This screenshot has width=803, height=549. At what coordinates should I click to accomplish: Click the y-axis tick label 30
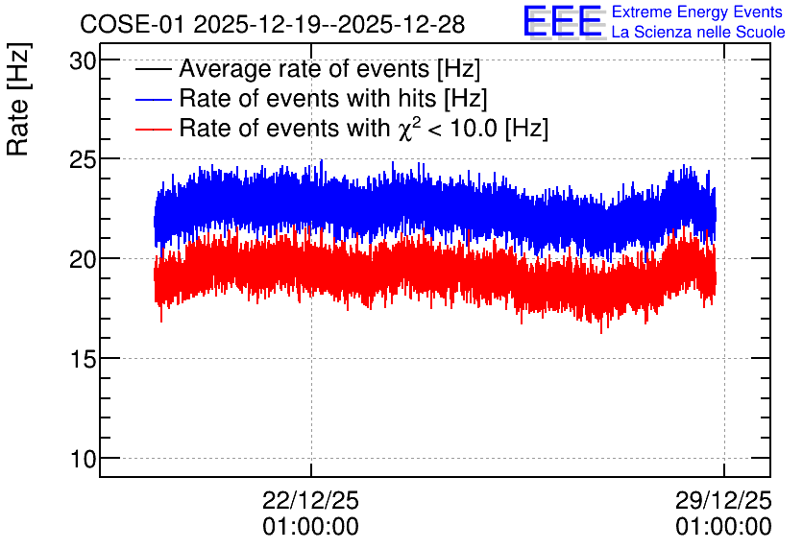click(x=83, y=61)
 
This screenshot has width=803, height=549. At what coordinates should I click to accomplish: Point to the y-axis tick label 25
click(x=83, y=161)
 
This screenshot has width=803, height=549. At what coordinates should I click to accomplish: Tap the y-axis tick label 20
click(x=83, y=260)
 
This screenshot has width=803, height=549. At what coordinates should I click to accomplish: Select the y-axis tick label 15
click(x=83, y=360)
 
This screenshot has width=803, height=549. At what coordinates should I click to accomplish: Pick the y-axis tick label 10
click(x=83, y=460)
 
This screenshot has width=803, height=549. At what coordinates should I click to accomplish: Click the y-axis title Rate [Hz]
click(x=18, y=99)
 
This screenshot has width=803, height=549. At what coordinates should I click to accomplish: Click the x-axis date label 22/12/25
click(x=311, y=501)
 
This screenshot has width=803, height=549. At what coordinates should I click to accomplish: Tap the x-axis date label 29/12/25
click(x=723, y=501)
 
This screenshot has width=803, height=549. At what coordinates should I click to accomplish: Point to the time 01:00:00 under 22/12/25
click(x=311, y=527)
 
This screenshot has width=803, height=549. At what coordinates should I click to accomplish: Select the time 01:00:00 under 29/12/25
click(x=723, y=527)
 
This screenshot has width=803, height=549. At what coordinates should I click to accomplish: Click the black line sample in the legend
click(x=153, y=69)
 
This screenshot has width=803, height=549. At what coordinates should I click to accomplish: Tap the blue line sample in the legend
click(x=153, y=99)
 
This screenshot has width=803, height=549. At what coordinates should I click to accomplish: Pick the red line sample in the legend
click(x=153, y=129)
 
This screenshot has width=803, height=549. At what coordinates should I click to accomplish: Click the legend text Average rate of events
click(x=305, y=69)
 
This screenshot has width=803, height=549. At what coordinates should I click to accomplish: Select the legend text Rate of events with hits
click(x=308, y=99)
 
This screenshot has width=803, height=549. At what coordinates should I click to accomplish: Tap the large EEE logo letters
click(x=562, y=21)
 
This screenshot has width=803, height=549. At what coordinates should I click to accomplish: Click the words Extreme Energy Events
click(x=697, y=12)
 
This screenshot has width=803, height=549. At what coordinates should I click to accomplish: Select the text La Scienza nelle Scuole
click(x=698, y=33)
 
